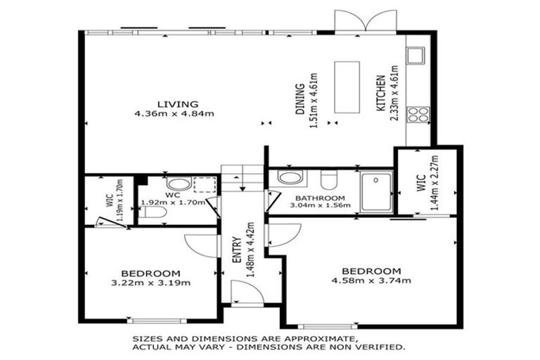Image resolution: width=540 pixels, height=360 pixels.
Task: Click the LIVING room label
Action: (x=178, y=103)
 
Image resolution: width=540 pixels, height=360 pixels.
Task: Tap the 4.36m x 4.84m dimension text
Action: (x=174, y=113)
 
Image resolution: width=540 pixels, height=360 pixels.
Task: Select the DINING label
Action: (x=300, y=99)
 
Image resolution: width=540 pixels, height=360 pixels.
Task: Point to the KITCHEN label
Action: (x=380, y=94)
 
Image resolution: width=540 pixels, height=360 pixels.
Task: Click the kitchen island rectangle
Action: (x=347, y=87)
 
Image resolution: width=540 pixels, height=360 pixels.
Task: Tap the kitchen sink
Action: (x=416, y=56)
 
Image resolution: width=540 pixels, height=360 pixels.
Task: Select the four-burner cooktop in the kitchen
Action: (x=418, y=115)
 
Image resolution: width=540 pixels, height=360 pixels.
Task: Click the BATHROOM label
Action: (x=320, y=198)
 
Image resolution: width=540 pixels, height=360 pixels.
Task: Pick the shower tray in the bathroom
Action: (x=376, y=191)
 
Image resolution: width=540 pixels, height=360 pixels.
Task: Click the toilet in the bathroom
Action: (x=329, y=179)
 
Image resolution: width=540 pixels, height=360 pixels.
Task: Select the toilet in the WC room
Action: (x=153, y=212)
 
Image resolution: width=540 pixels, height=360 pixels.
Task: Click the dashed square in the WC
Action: (x=205, y=185)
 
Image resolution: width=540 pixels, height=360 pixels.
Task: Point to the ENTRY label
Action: (x=236, y=250)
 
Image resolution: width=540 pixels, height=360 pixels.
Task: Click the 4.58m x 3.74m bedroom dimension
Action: (x=371, y=281)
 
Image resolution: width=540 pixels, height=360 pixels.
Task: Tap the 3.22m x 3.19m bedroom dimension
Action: (x=151, y=283)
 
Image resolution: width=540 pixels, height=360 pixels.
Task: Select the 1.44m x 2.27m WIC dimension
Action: (x=435, y=183)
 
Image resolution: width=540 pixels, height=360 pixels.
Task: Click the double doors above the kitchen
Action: (x=366, y=20)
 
